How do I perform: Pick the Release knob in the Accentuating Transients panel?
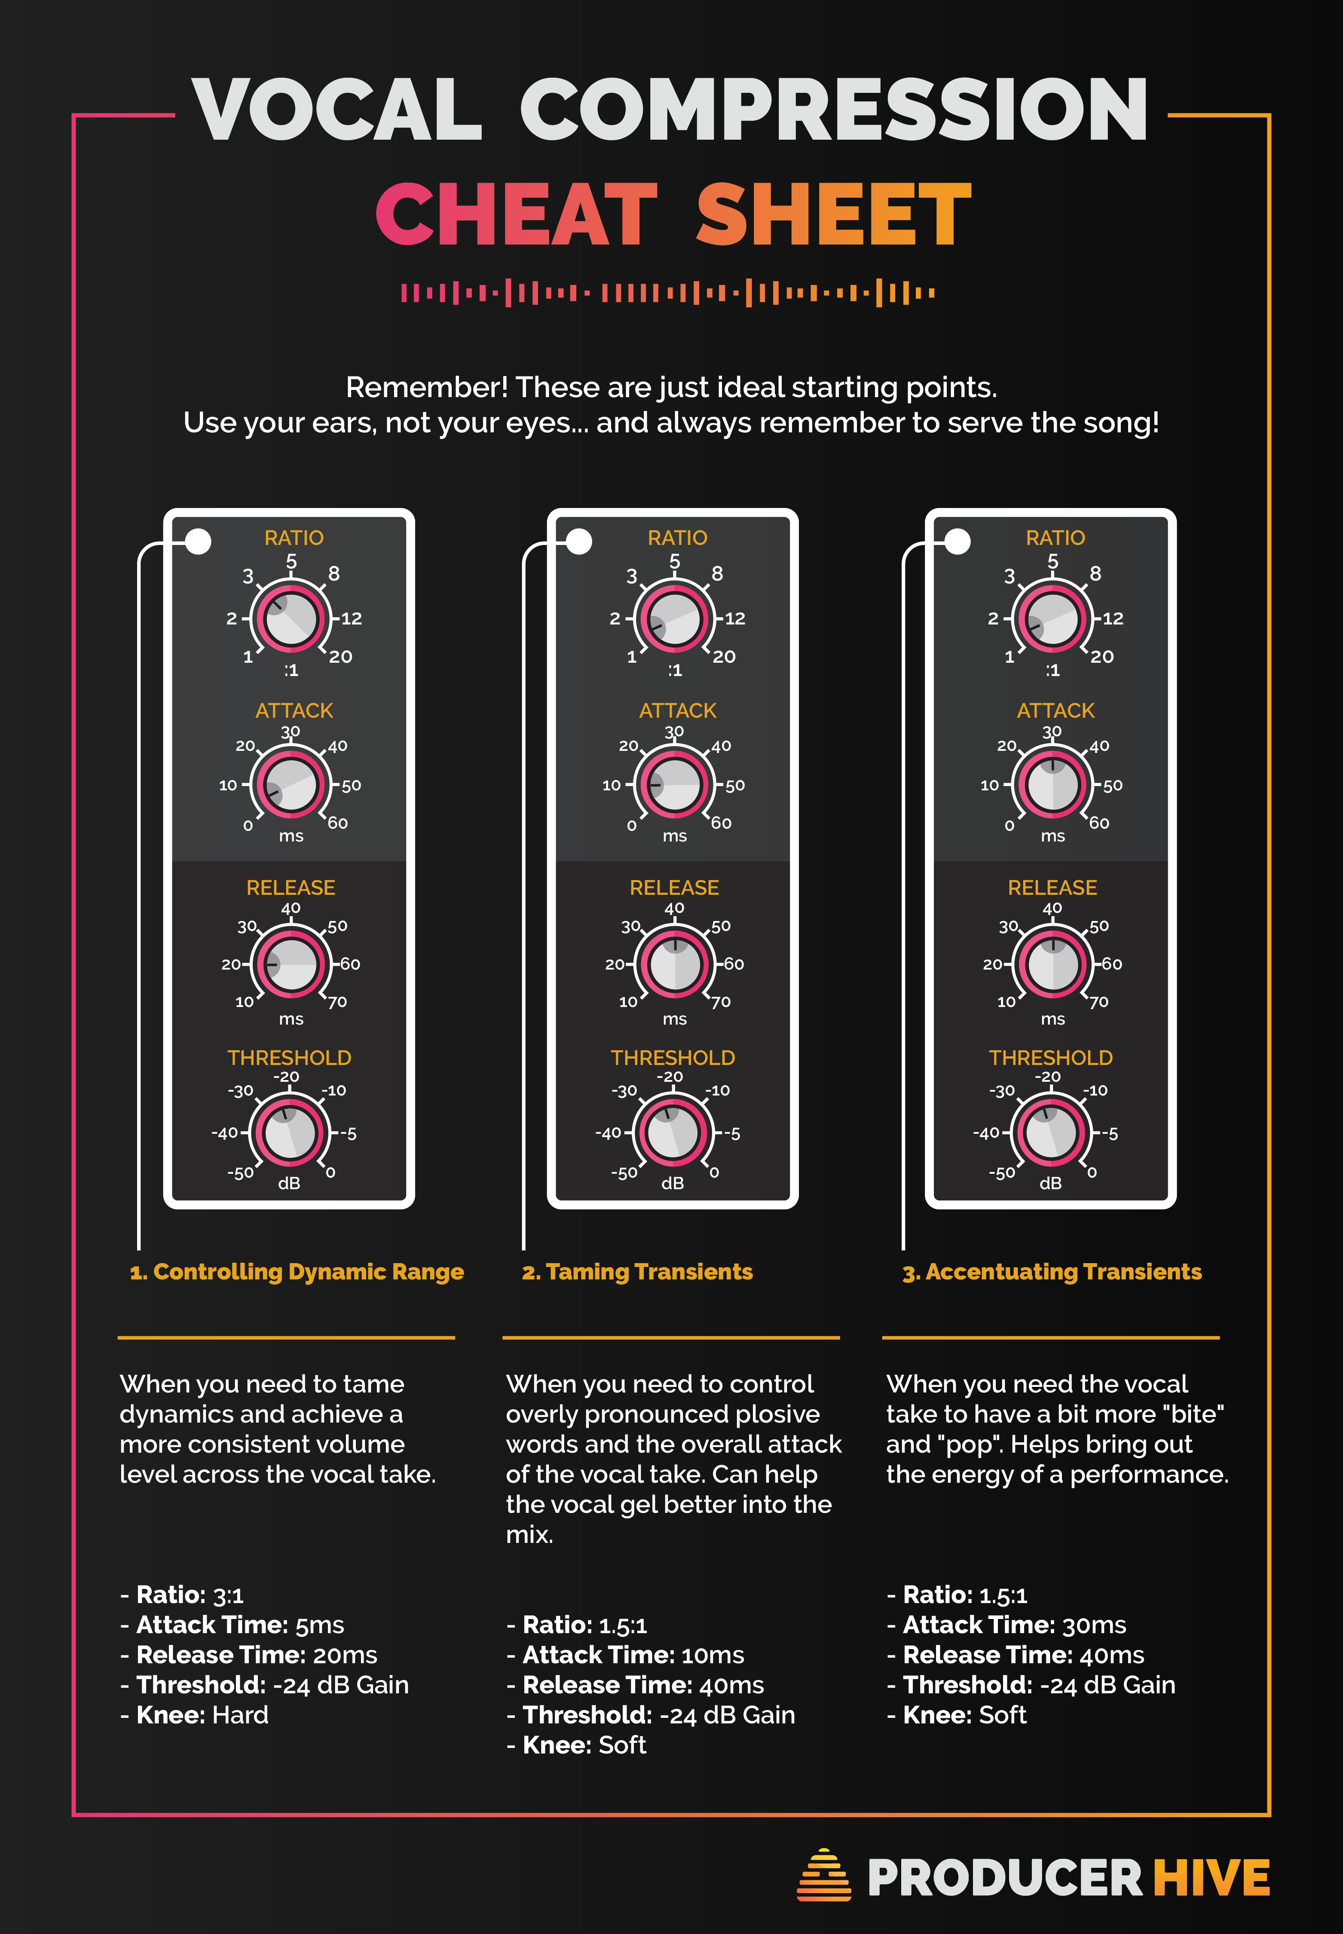(x=1052, y=964)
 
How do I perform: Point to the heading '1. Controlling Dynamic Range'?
(x=296, y=1272)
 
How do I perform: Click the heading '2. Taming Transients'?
(x=637, y=1272)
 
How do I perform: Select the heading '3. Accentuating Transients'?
(x=1052, y=1272)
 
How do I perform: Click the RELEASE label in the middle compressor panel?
(x=674, y=888)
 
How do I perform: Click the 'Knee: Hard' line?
(x=194, y=1715)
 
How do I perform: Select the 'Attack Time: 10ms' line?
(x=625, y=1656)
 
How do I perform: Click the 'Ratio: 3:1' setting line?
(x=182, y=1595)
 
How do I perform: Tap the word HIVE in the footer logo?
(x=1211, y=1878)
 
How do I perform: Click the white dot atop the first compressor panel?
(x=199, y=541)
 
